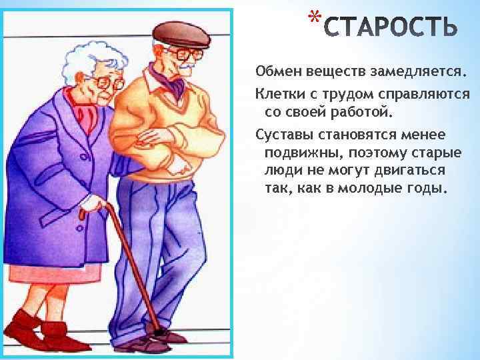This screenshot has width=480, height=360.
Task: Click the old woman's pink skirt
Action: click(x=57, y=273)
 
